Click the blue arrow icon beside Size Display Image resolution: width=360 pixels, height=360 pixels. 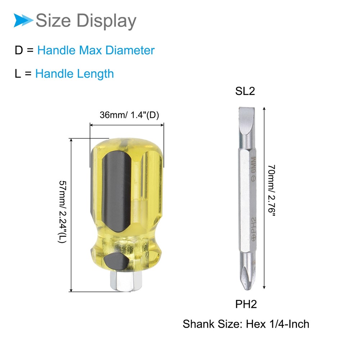pos(23,20)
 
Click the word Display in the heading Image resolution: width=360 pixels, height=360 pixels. pos(106,21)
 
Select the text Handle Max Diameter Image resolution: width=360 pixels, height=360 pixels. pos(96,50)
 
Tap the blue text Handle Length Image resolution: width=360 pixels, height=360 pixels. pos(75,74)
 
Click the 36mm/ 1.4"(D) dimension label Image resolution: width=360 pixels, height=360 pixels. pos(129,115)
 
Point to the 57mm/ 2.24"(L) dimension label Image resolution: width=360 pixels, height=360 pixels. pos(62,212)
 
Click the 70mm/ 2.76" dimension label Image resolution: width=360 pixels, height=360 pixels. pos(271,190)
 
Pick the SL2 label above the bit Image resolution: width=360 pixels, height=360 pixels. pos(245,91)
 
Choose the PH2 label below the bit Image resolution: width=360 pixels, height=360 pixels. pos(246,304)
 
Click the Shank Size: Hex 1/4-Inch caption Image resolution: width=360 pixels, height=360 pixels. pos(246,324)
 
